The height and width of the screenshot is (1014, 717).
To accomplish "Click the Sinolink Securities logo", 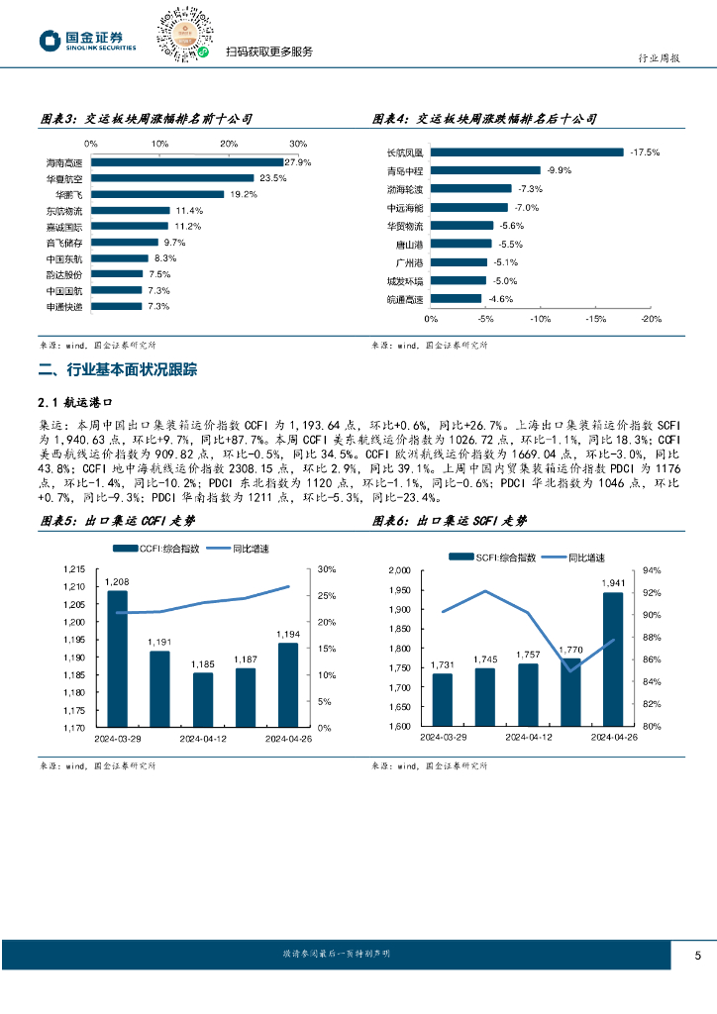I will (x=87, y=40).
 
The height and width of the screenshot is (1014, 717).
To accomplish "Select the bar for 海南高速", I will (x=188, y=162).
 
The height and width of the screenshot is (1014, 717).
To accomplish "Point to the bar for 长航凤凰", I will (x=527, y=152).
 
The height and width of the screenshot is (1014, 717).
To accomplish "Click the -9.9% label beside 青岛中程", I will (x=560, y=170).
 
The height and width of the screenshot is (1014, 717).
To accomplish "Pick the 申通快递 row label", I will (x=64, y=307).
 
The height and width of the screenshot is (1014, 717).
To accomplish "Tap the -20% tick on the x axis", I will (x=651, y=319).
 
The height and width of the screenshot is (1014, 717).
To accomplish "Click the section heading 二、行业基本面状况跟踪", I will (x=117, y=370).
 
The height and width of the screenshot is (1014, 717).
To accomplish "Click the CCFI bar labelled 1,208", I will (x=117, y=659).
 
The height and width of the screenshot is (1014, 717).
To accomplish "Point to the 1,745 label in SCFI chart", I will (x=485, y=659).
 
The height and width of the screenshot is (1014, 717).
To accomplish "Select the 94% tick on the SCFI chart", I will (x=652, y=570).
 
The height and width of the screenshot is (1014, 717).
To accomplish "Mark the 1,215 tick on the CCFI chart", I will (x=74, y=569).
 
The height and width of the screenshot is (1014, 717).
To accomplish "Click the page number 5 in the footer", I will (x=697, y=956).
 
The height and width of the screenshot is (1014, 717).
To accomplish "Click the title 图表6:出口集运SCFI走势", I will (x=450, y=521).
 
